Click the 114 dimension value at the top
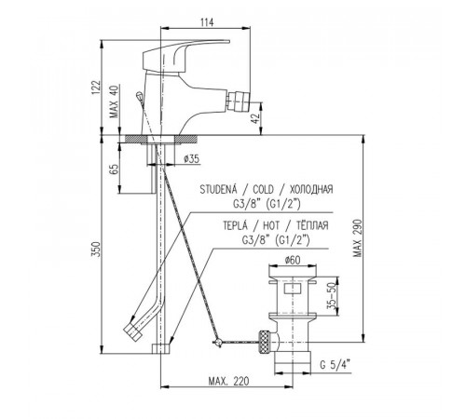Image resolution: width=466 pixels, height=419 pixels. tap(207, 22)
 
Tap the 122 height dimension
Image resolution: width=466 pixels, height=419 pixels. tap(96, 88)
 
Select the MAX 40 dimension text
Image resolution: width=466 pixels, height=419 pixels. tap(115, 101)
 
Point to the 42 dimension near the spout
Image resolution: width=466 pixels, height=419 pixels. tap(254, 118)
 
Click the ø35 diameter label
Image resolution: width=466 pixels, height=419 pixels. tap(192, 159)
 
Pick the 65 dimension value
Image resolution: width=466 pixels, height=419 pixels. tap(115, 169)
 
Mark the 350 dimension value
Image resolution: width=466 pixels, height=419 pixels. tap(96, 249)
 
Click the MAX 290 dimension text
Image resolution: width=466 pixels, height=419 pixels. tap(357, 238)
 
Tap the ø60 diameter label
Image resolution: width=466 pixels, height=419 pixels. tap(293, 260)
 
